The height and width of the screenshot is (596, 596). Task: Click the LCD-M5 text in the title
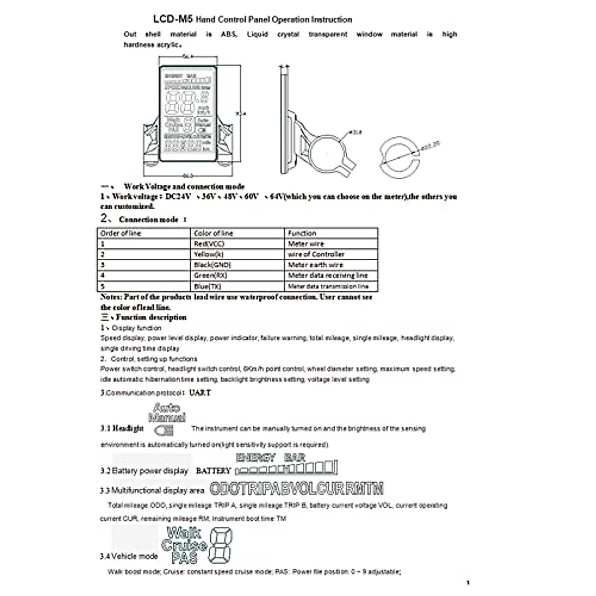(x=173, y=19)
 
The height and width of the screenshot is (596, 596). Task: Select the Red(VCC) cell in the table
(x=209, y=244)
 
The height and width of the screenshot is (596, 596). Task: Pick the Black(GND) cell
(x=213, y=265)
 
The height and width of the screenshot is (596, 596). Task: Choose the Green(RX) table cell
(x=211, y=275)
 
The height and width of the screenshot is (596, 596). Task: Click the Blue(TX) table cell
(x=208, y=286)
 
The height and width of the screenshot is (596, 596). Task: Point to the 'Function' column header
(x=302, y=233)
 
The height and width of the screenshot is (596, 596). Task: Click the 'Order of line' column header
(x=121, y=233)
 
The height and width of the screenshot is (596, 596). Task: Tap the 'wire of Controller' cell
(x=316, y=254)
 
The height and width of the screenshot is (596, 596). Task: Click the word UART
(x=200, y=393)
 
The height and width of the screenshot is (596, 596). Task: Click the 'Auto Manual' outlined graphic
(x=167, y=412)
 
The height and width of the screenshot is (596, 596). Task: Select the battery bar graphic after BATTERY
(x=287, y=469)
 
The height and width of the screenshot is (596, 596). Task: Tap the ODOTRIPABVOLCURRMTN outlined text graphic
(x=297, y=489)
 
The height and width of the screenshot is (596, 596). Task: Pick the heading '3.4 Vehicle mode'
(x=129, y=556)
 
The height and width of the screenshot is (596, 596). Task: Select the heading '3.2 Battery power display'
(x=145, y=471)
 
